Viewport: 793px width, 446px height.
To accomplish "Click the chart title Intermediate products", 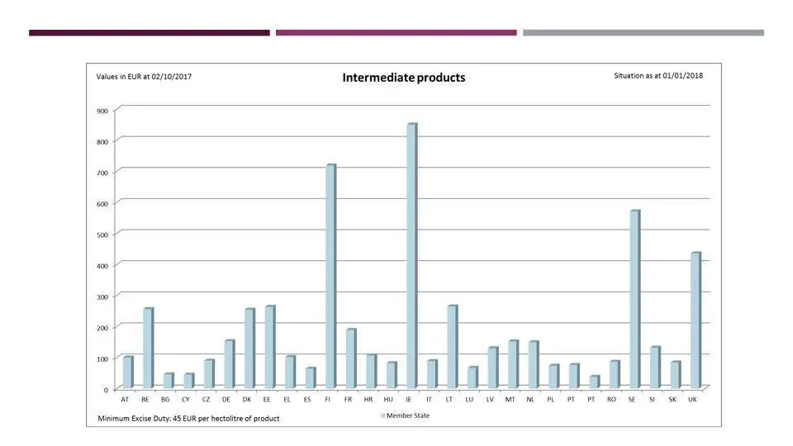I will pyautogui.click(x=404, y=78).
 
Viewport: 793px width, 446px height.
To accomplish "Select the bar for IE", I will pyautogui.click(x=411, y=255).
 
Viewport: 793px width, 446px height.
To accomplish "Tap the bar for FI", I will pyautogui.click(x=330, y=276).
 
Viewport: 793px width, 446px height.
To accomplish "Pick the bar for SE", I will pyautogui.click(x=634, y=299).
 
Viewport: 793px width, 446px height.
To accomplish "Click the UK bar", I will pyautogui.click(x=695, y=320).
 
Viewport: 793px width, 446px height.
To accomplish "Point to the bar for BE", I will pyautogui.click(x=147, y=348).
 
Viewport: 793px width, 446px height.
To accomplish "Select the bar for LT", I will pyautogui.click(x=451, y=346).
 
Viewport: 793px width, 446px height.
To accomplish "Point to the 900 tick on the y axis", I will pyautogui.click(x=102, y=110).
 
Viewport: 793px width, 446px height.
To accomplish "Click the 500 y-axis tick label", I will pyautogui.click(x=102, y=235).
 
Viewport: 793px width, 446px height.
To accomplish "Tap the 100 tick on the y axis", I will pyautogui.click(x=102, y=358).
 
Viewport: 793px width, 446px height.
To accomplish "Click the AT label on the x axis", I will pyautogui.click(x=125, y=399).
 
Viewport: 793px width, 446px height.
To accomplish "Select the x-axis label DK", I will pyautogui.click(x=247, y=399).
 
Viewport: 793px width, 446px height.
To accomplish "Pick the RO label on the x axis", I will pyautogui.click(x=611, y=399).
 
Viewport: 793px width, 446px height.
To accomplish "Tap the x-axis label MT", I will pyautogui.click(x=510, y=399).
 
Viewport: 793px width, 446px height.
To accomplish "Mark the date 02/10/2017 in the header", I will pyautogui.click(x=171, y=76).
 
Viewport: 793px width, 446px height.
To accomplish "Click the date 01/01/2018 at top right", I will pyautogui.click(x=682, y=75).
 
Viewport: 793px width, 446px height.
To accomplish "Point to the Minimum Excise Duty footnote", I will pyautogui.click(x=188, y=419).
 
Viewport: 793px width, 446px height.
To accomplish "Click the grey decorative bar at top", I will pyautogui.click(x=643, y=33).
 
